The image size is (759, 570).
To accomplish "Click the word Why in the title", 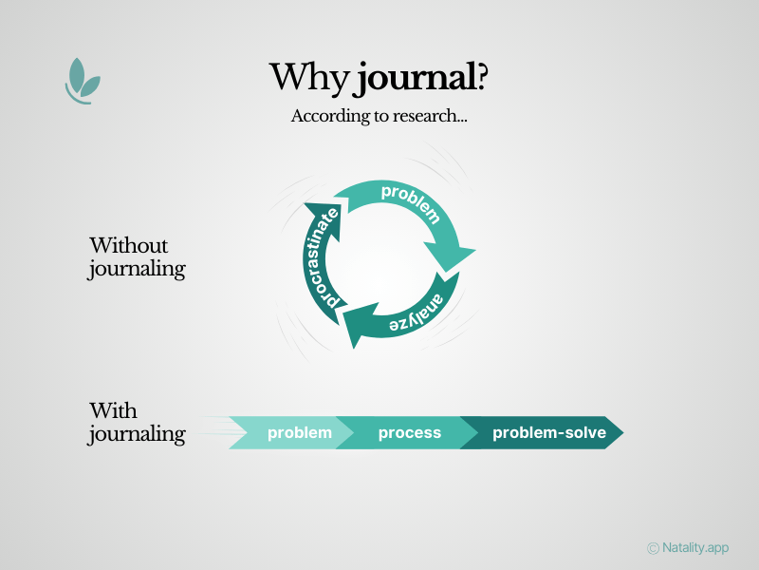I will click(309, 77).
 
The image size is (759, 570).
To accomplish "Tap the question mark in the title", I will click(481, 76).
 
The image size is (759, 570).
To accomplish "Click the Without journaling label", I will click(137, 257).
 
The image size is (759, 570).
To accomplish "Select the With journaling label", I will click(137, 423).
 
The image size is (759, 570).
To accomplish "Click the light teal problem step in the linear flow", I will click(299, 433).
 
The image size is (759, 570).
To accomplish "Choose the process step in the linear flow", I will click(409, 433).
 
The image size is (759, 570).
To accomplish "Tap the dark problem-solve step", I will click(548, 433).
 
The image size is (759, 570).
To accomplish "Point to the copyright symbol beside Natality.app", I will click(653, 548).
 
